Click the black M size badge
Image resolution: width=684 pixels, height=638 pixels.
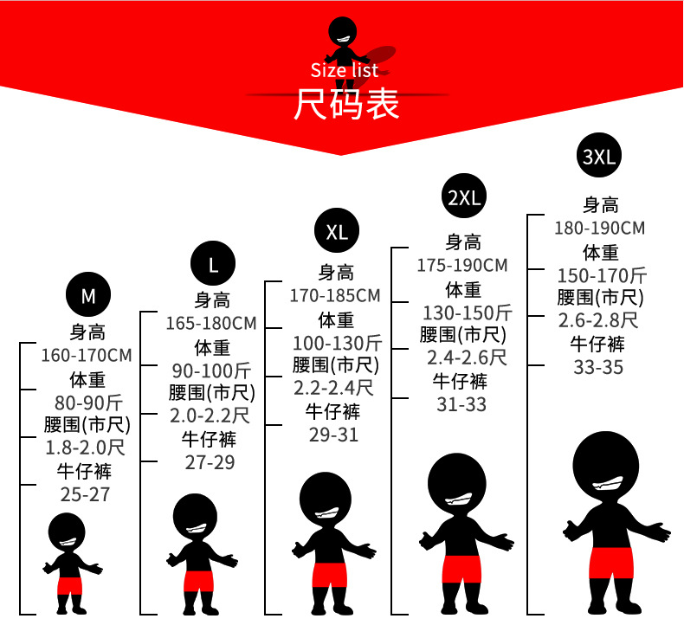pos(88,296)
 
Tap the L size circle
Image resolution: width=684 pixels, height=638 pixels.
pos(213,264)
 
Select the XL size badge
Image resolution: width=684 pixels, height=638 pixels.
pos(337,231)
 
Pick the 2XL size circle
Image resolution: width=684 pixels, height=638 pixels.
pos(463,197)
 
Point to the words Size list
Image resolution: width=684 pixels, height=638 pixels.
pos(345,70)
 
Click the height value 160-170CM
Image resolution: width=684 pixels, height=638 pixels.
pos(87,355)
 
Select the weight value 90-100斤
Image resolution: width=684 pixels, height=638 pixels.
pos(212,371)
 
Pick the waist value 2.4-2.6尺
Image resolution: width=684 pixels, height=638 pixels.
pos(466,357)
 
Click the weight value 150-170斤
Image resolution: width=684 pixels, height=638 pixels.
pos(602,275)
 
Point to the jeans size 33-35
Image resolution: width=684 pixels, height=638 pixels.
pos(598,366)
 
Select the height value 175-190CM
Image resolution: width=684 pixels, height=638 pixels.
pos(462,265)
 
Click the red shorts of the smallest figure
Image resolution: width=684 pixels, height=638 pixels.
pos(69,585)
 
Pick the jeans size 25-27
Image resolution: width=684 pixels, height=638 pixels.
pos(85,495)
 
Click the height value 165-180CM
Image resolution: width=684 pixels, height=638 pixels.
pos(211,323)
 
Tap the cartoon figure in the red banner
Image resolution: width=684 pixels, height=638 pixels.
pos(345,36)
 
